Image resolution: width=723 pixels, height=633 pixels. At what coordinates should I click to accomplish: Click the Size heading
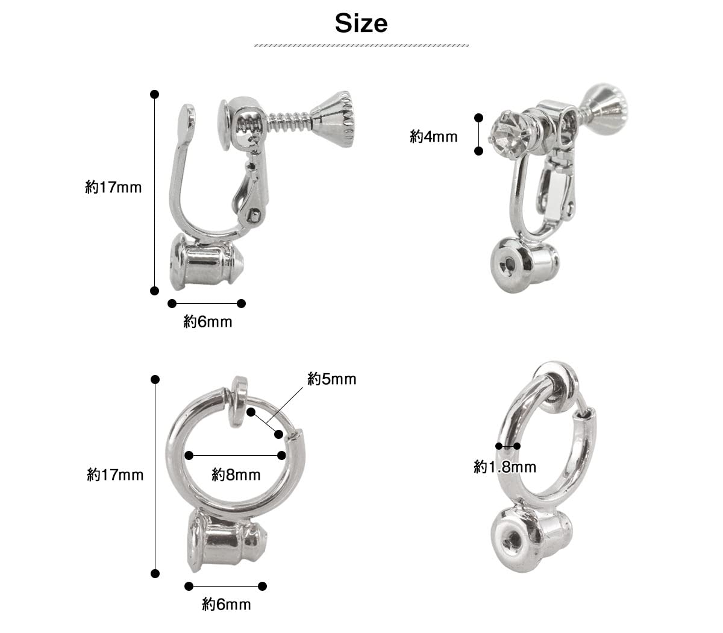361,24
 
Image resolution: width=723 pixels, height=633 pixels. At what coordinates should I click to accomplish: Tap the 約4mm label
434,136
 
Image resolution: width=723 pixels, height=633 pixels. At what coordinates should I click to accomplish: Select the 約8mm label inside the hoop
236,474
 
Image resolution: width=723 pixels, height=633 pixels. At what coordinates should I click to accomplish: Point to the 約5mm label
332,379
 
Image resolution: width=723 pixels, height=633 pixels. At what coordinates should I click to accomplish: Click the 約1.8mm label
505,467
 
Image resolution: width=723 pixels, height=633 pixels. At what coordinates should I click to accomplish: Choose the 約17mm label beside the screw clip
113,187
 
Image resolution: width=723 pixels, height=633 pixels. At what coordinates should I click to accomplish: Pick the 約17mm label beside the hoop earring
115,475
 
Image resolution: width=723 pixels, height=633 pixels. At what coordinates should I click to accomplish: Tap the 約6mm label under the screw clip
208,322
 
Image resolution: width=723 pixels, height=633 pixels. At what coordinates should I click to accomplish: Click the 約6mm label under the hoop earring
227,605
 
